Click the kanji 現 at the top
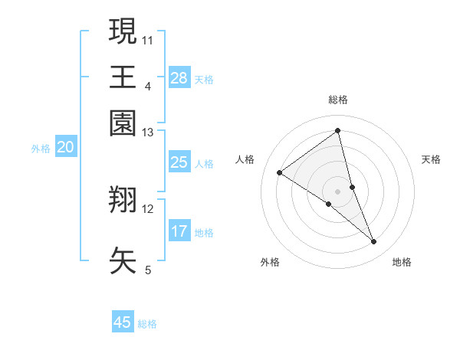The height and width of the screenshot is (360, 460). tap(123, 32)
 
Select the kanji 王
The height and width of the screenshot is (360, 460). tap(123, 77)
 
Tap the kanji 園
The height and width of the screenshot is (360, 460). tap(123, 123)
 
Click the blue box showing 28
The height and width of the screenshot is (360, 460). tap(179, 78)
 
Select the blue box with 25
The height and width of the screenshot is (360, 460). tap(179, 162)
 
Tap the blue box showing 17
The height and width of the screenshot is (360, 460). tap(179, 231)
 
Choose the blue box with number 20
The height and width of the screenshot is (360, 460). tap(65, 148)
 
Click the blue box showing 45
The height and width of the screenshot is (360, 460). tap(123, 322)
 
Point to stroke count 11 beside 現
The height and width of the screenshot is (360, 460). tap(148, 39)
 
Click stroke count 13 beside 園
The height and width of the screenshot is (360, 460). tap(148, 133)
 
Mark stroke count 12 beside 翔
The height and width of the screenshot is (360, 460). tap(148, 208)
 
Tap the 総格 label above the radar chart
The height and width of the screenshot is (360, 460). tap(338, 100)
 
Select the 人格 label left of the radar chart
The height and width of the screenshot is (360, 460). tap(245, 159)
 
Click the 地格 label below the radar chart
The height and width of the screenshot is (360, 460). tap(402, 262)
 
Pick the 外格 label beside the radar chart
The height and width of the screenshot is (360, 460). tap(270, 262)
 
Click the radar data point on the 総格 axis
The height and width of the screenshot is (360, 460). tap(338, 131)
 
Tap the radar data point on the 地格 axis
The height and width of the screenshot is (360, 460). tap(374, 241)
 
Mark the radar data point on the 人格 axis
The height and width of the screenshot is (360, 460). tap(279, 172)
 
